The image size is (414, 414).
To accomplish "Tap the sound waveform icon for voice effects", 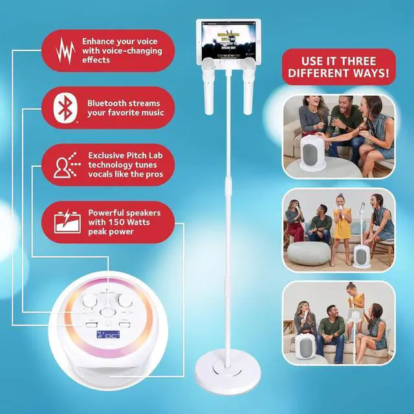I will click(x=65, y=50).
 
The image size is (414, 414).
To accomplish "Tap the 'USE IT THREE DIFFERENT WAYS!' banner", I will click(x=337, y=67).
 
